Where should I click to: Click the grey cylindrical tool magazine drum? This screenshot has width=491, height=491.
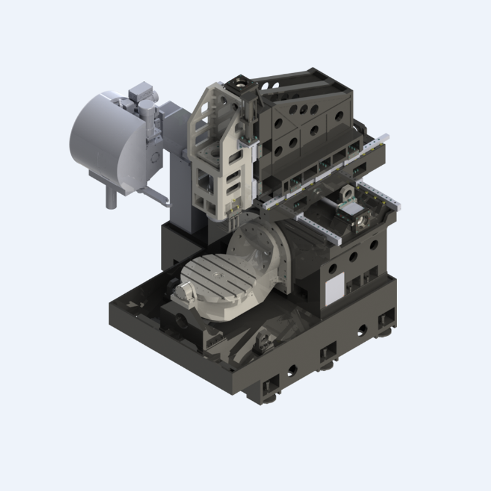[x=101, y=138]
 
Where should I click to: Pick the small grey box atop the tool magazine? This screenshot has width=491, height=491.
[x=138, y=94]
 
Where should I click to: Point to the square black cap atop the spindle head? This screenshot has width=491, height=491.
[x=238, y=82]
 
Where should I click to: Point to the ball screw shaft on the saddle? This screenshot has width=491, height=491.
[x=319, y=209]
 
